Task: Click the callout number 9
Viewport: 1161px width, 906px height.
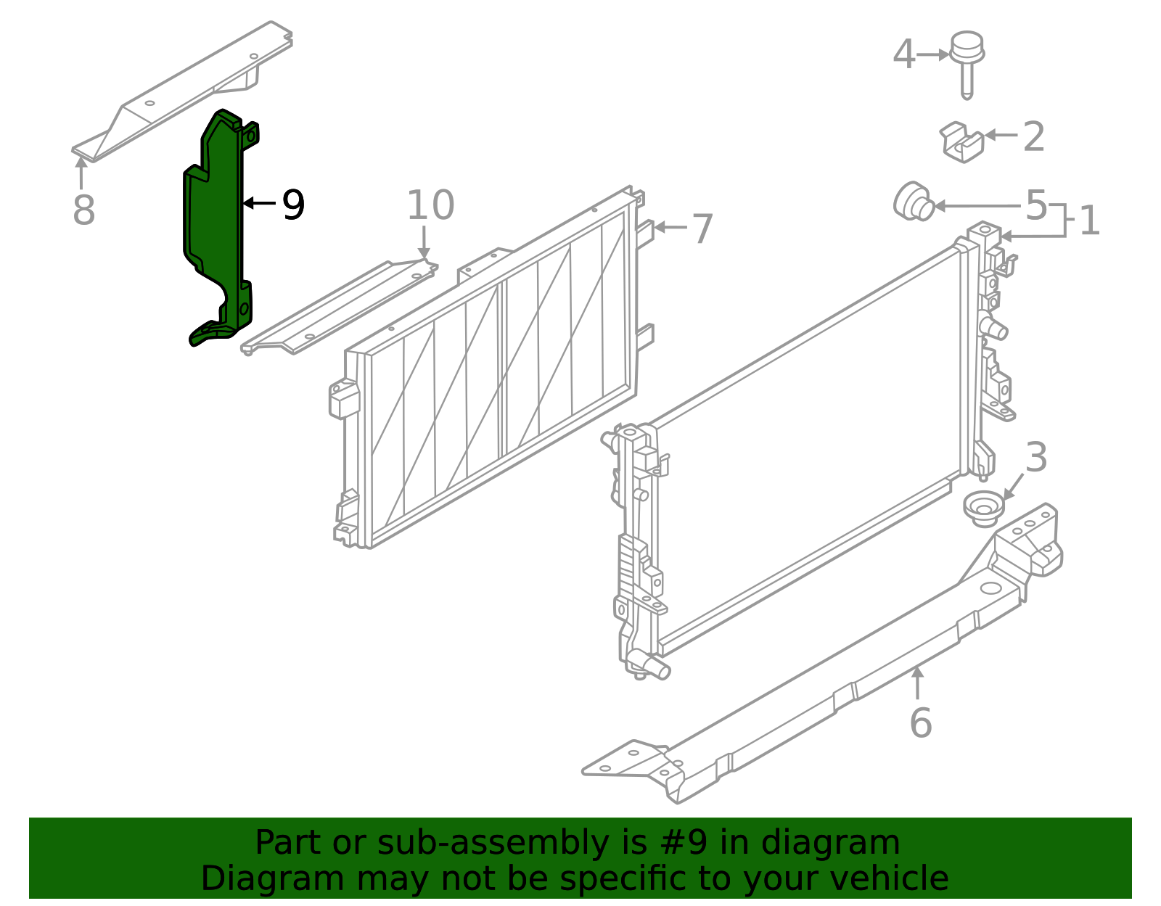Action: click(x=293, y=205)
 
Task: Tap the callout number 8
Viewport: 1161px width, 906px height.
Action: click(x=84, y=210)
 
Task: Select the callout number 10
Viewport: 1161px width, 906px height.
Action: click(x=430, y=205)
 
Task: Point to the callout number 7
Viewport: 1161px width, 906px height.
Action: click(x=702, y=229)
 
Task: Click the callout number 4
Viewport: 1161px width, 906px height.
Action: click(x=904, y=54)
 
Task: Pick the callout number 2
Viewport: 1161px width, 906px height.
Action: click(x=1034, y=136)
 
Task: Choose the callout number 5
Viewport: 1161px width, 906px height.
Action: click(x=1036, y=205)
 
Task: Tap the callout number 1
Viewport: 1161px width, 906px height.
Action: click(x=1090, y=221)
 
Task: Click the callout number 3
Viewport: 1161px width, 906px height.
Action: click(x=1036, y=457)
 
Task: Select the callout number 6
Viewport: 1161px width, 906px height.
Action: click(x=921, y=723)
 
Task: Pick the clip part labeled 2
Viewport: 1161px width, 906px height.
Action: click(x=961, y=143)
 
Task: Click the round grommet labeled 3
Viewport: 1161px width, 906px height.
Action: click(x=984, y=508)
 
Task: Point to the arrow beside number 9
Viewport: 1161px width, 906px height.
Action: click(x=259, y=203)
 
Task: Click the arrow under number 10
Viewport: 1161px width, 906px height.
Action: click(x=424, y=242)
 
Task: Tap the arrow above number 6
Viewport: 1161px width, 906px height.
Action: click(x=917, y=683)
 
